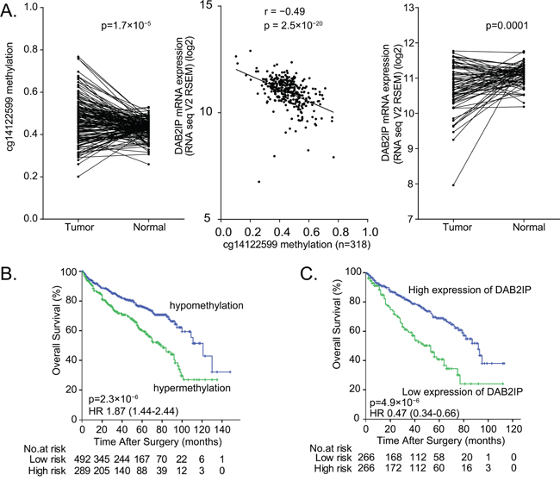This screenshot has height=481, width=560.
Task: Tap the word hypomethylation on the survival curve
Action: [192, 305]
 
